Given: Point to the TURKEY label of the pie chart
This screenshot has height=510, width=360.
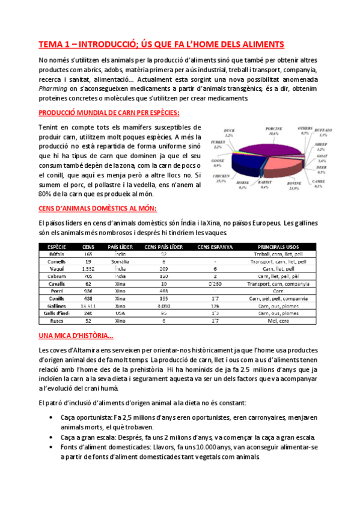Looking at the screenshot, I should [217, 142].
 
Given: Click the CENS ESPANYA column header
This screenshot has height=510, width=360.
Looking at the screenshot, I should [215, 247].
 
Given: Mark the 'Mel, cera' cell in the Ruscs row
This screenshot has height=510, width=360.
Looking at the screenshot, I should [278, 321].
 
